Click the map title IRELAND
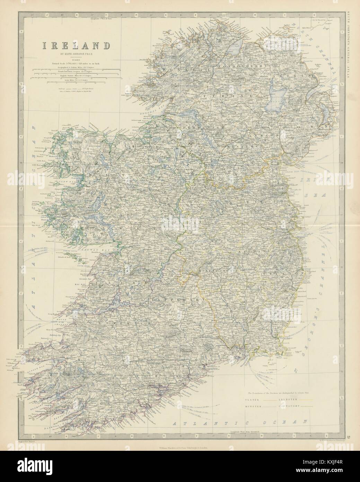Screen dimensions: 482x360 [76, 46]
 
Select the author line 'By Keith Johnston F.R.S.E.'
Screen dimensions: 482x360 [76, 54]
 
